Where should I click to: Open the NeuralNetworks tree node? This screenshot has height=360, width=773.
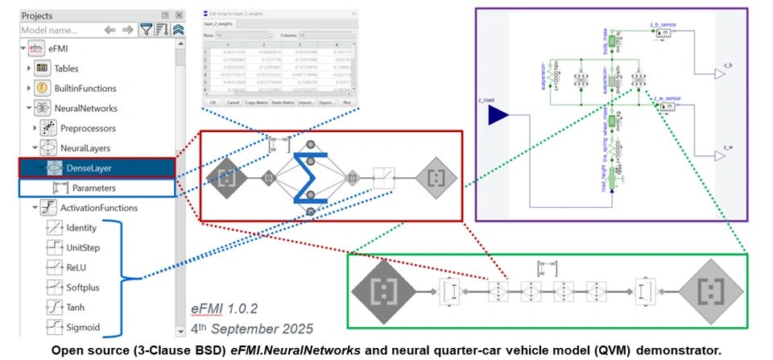85,108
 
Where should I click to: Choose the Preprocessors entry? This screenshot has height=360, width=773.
88,127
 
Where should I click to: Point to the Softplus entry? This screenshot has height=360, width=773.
85,287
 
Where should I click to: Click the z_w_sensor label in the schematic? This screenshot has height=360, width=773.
666,98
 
